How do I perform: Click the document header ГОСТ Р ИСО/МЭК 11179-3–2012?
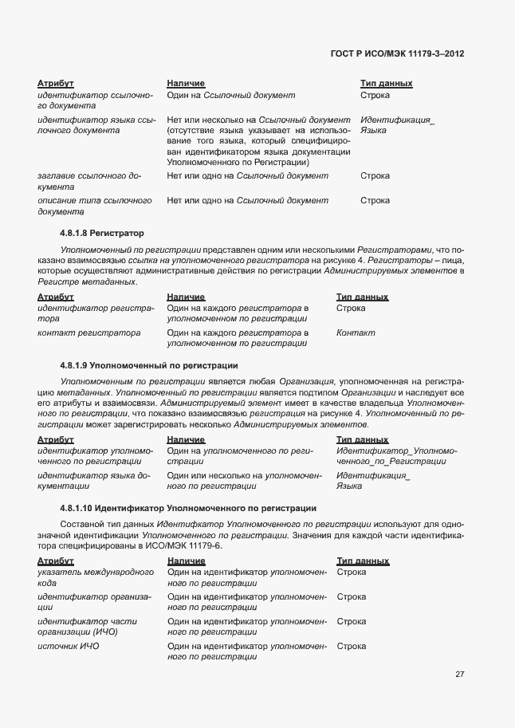[397, 53]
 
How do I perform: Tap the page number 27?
[460, 674]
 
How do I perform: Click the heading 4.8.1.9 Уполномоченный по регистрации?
[149, 365]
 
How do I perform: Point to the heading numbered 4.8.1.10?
[188, 508]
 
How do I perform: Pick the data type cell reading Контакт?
[356, 333]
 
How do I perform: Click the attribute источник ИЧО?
[69, 646]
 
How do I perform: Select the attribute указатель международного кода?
[95, 577]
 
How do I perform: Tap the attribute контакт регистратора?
[88, 333]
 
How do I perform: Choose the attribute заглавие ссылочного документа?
[88, 181]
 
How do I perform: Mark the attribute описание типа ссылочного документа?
[93, 206]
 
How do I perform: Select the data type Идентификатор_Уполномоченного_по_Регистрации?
[396, 455]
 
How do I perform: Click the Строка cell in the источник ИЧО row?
[352, 646]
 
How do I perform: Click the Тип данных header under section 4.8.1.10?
[363, 561]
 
